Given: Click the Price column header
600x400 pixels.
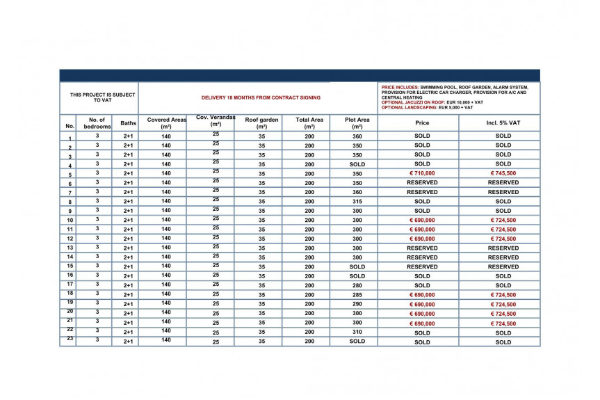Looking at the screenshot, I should pyautogui.click(x=422, y=123).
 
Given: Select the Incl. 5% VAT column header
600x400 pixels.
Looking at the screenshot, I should pyautogui.click(x=503, y=123).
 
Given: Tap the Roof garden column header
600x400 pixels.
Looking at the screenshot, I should pyautogui.click(x=261, y=123).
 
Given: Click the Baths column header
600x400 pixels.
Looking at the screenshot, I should pyautogui.click(x=128, y=123).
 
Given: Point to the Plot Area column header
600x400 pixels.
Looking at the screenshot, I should pyautogui.click(x=357, y=123).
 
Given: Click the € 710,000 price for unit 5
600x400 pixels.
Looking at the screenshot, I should pyautogui.click(x=422, y=173).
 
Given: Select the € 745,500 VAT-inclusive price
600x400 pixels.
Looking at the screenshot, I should pyautogui.click(x=503, y=173).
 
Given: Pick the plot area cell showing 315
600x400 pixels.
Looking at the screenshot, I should pyautogui.click(x=357, y=202).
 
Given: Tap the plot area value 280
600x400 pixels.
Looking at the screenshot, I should pyautogui.click(x=357, y=285).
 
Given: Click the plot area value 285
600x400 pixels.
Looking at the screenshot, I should pyautogui.click(x=357, y=295).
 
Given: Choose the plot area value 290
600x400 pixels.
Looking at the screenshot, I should pyautogui.click(x=357, y=304).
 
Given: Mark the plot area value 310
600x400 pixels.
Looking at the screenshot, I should pyautogui.click(x=357, y=333).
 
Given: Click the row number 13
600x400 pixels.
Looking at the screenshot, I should pyautogui.click(x=70, y=248).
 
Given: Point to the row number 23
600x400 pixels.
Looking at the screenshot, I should pyautogui.click(x=70, y=339).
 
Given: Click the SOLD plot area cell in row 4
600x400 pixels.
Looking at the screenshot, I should pyautogui.click(x=357, y=164).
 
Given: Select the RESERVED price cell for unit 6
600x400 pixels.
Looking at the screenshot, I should pyautogui.click(x=422, y=183).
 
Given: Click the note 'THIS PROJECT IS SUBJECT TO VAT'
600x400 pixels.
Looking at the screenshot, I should pyautogui.click(x=102, y=97).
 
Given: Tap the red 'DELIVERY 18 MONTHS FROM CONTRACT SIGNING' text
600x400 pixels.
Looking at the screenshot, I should pyautogui.click(x=261, y=98).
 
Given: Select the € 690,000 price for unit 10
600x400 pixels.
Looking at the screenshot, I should pyautogui.click(x=422, y=220).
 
